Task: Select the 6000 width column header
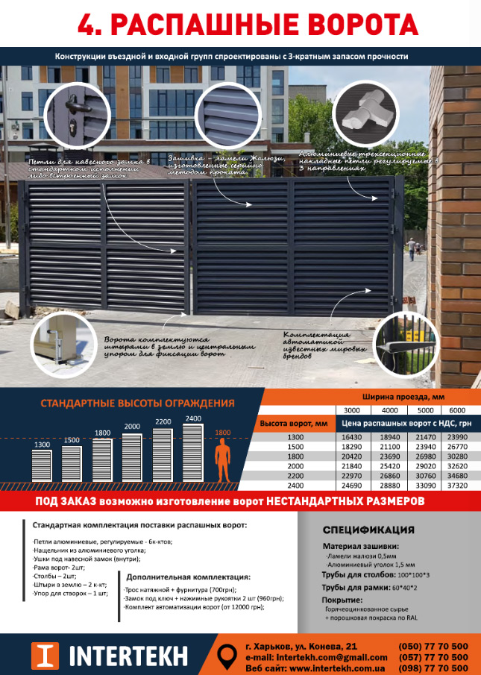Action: (x=458, y=409)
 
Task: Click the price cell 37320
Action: (x=458, y=485)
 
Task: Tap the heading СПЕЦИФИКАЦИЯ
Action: (x=368, y=531)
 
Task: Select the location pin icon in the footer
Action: (x=227, y=656)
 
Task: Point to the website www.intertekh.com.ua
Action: (x=330, y=668)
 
